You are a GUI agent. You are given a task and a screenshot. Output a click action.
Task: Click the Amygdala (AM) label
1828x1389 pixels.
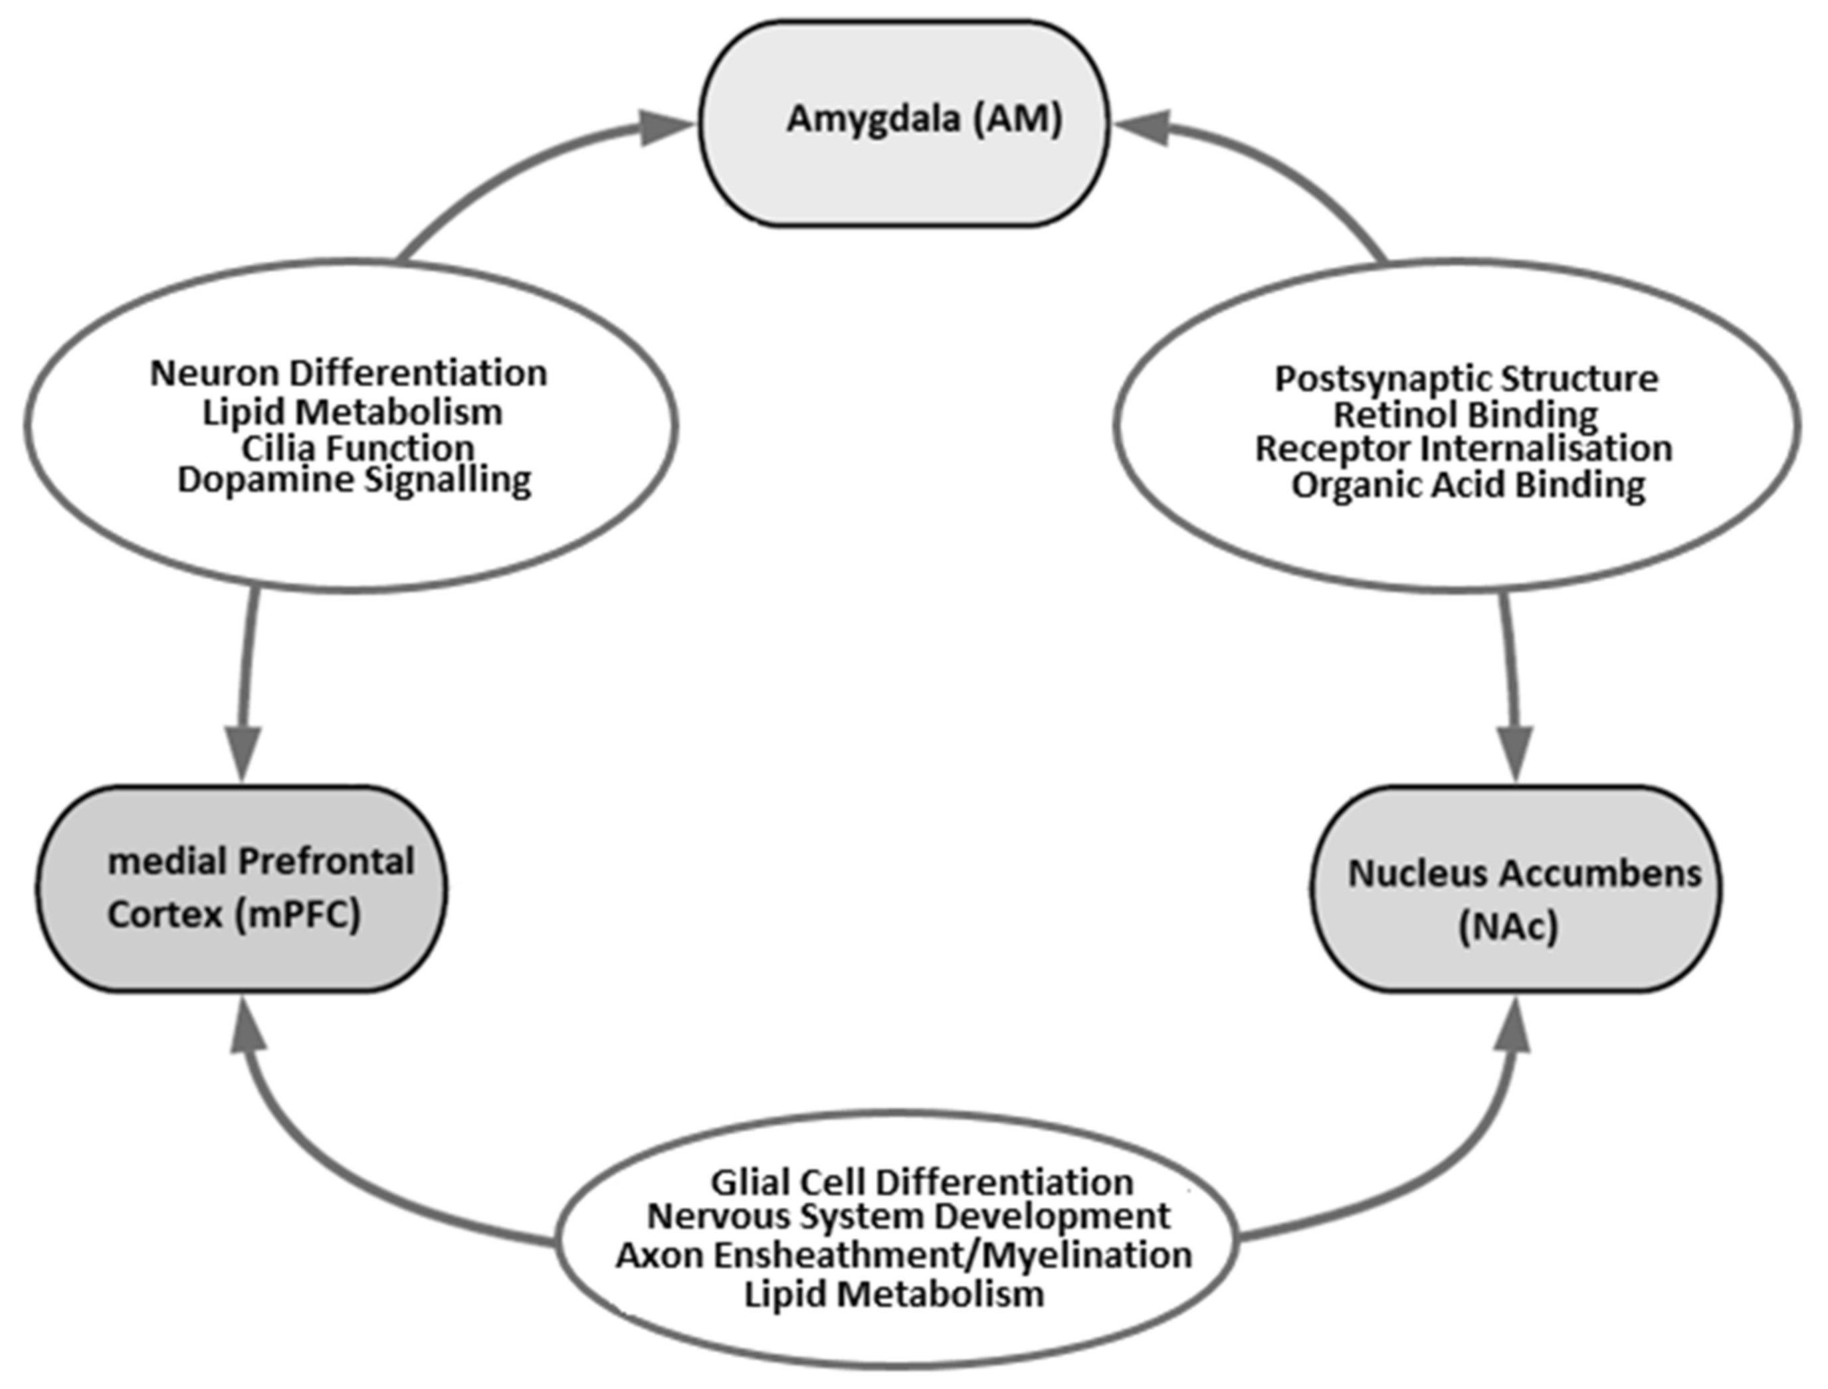(x=924, y=119)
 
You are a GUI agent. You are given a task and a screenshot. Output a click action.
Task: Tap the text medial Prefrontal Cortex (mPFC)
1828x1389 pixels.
(x=260, y=888)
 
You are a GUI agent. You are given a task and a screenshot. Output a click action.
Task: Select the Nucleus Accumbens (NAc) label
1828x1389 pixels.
(x=1524, y=899)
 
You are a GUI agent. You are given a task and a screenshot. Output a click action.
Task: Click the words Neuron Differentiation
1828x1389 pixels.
(x=348, y=374)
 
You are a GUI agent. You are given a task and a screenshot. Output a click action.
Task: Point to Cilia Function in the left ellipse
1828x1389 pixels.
(x=357, y=448)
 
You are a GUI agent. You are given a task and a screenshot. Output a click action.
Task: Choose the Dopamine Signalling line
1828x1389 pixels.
(x=354, y=480)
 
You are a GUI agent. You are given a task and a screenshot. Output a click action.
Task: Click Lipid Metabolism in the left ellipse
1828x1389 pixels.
(x=352, y=412)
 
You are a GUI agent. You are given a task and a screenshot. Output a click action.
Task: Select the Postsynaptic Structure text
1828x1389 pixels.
(x=1466, y=379)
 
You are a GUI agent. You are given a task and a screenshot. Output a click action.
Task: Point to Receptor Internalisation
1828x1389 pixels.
(x=1463, y=449)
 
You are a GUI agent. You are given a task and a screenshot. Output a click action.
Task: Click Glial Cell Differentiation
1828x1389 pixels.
(x=922, y=1182)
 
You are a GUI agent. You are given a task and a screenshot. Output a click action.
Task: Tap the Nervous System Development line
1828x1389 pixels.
(x=908, y=1216)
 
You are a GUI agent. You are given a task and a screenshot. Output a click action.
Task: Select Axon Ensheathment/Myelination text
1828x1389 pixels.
(x=903, y=1255)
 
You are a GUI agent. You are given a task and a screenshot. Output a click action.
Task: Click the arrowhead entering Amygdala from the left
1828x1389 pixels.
(x=666, y=128)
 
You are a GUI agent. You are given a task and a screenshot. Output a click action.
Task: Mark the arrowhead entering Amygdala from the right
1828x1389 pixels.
(x=1142, y=128)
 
